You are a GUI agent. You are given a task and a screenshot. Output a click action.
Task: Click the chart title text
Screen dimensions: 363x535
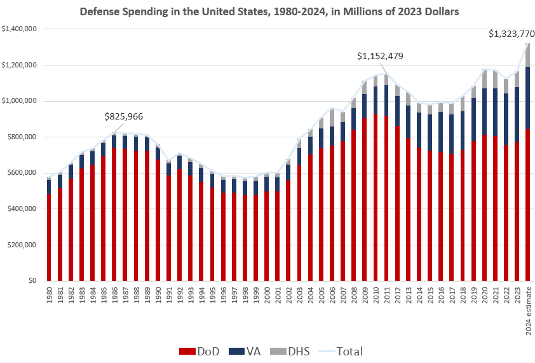point(267,11)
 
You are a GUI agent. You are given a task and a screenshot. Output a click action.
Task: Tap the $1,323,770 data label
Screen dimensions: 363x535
point(511,34)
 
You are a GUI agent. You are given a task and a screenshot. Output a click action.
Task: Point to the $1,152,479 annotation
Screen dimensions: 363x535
point(380,56)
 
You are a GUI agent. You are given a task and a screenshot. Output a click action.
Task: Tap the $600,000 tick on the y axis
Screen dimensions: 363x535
point(24,173)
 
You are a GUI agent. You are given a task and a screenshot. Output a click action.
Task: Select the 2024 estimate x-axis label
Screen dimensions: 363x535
point(529,312)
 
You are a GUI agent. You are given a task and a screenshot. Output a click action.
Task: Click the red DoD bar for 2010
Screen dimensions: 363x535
point(376,197)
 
